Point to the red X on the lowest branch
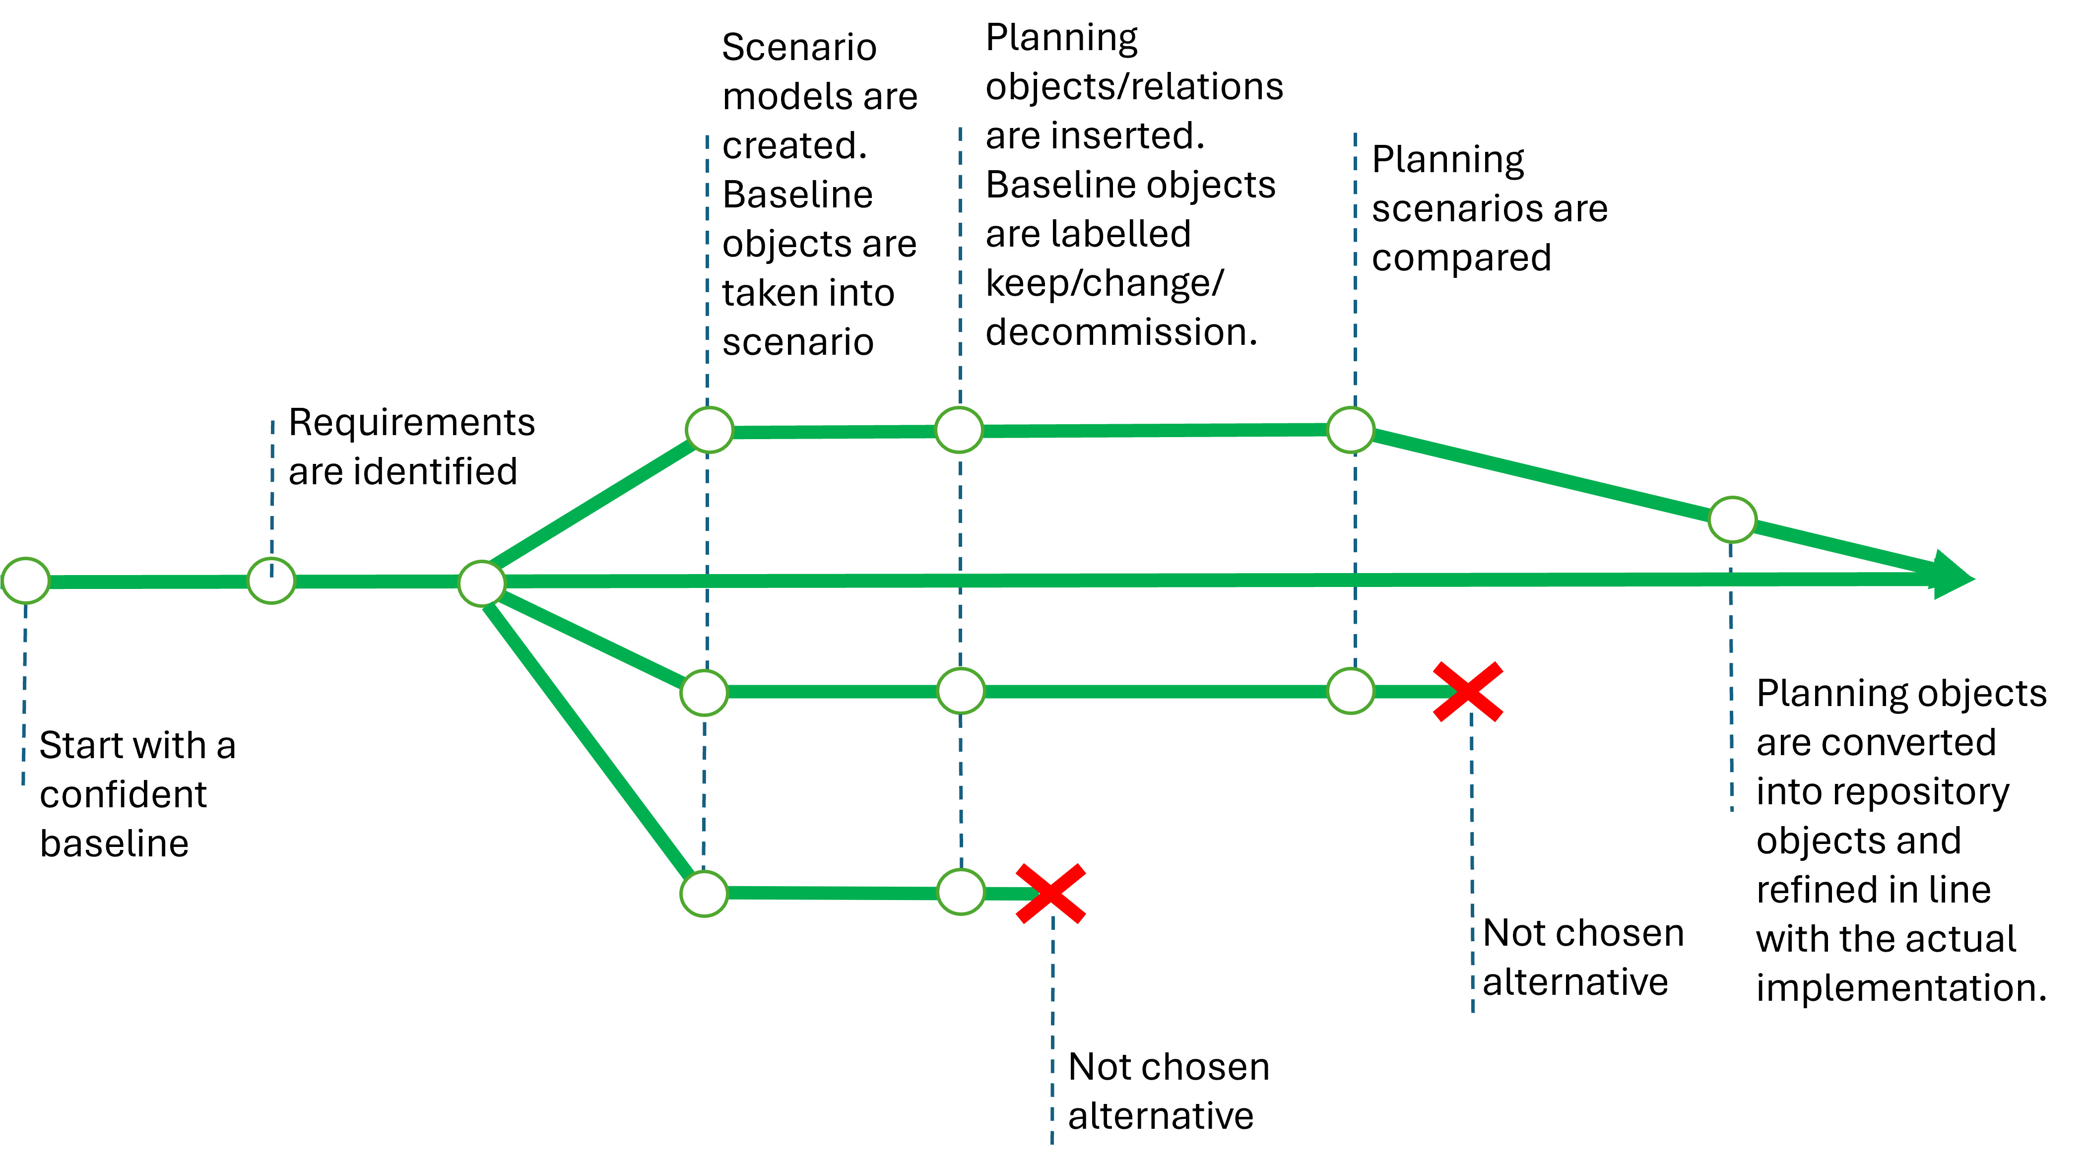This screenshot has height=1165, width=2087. point(1051,894)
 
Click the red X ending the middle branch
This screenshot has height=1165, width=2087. point(1468,692)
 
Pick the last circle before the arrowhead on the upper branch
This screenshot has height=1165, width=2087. point(1732,519)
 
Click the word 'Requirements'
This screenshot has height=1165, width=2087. point(411,422)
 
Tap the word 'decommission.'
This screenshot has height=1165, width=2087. point(1121,332)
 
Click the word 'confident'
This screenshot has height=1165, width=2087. point(123,795)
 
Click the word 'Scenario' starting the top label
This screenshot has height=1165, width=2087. point(799,47)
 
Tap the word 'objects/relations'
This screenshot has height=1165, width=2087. point(1134,86)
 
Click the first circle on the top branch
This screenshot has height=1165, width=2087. point(710,429)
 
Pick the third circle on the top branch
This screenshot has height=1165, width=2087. point(1351,429)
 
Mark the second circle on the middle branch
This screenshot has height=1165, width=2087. point(961,691)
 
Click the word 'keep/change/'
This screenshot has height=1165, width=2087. point(1104,283)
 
